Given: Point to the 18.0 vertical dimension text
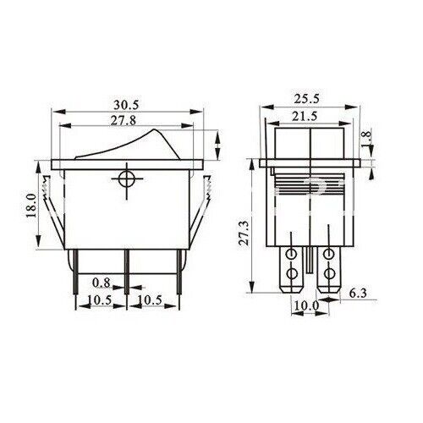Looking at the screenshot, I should coord(32,206).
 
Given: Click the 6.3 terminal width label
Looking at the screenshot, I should coord(358,294).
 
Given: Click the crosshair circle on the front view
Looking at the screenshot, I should coord(127,179).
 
